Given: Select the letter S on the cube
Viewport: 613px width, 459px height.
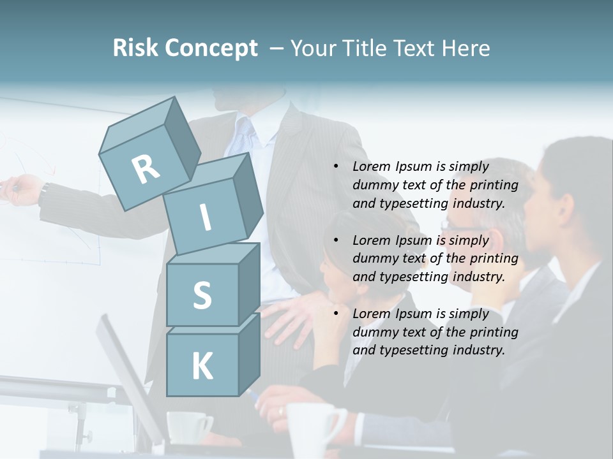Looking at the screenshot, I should [x=202, y=295].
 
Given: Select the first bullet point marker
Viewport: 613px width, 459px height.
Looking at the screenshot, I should [x=336, y=167].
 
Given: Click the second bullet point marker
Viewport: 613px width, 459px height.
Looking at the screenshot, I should [x=336, y=241].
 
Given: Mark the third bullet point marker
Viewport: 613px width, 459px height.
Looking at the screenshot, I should [x=336, y=314].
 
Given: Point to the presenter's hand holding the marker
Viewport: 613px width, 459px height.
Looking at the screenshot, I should [x=22, y=190].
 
